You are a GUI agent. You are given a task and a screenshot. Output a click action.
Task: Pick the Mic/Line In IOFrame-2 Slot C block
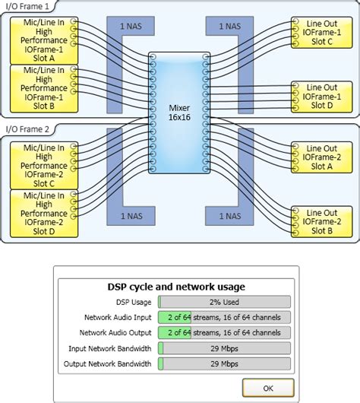[38, 163]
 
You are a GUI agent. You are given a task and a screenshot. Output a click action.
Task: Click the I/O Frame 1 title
[29, 5]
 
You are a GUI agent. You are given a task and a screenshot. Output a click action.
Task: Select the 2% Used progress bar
[224, 302]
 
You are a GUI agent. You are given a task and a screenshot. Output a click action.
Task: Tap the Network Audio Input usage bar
[224, 317]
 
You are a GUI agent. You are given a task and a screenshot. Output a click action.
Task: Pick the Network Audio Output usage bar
[224, 332]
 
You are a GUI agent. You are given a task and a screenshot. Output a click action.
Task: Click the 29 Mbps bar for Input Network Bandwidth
[224, 348]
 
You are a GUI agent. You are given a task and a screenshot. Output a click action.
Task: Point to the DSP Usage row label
[134, 302]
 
